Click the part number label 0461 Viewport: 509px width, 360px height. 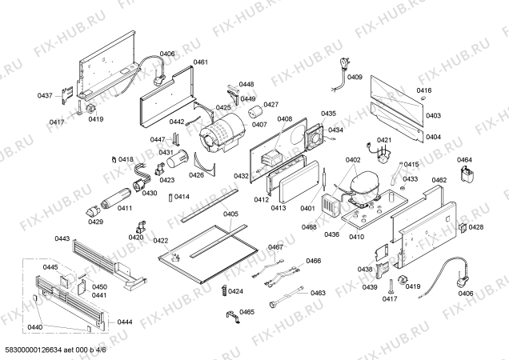201,62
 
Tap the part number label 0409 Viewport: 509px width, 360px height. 355,78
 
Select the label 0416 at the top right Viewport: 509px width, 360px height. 423,91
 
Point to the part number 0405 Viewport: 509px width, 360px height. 230,214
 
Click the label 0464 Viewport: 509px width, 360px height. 465,160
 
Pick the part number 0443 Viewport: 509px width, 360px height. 62,238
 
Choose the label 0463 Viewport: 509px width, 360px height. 318,293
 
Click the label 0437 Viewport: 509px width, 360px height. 45,96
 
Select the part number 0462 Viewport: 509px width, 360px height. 439,180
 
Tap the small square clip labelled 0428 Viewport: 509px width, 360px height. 463,227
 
